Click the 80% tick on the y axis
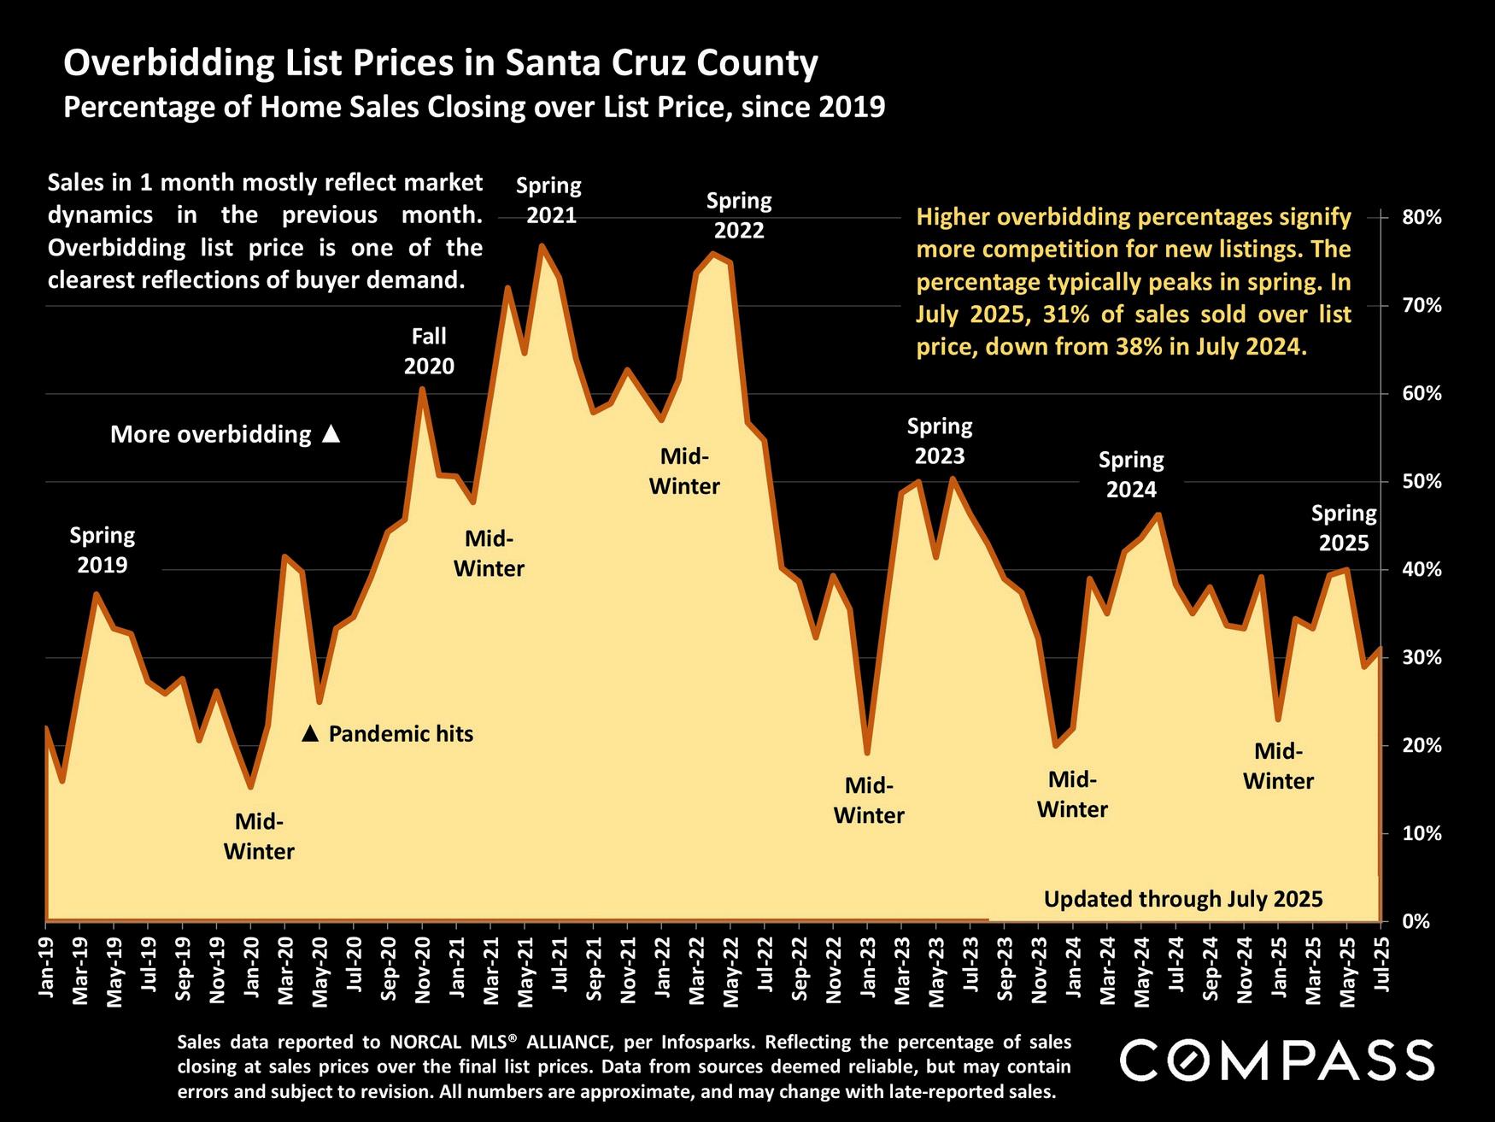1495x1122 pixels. [1422, 218]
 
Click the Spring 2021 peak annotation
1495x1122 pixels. [550, 200]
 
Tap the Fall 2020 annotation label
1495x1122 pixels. [429, 351]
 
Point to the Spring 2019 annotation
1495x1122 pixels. [103, 550]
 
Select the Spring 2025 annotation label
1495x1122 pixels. [1344, 528]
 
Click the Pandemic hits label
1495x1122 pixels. [400, 734]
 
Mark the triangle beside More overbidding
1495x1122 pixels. [331, 435]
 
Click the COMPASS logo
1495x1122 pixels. [1276, 1060]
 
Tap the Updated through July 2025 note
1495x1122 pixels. [1183, 899]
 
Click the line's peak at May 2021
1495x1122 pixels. [542, 246]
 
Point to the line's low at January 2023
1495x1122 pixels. [867, 753]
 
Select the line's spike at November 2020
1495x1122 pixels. [422, 389]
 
